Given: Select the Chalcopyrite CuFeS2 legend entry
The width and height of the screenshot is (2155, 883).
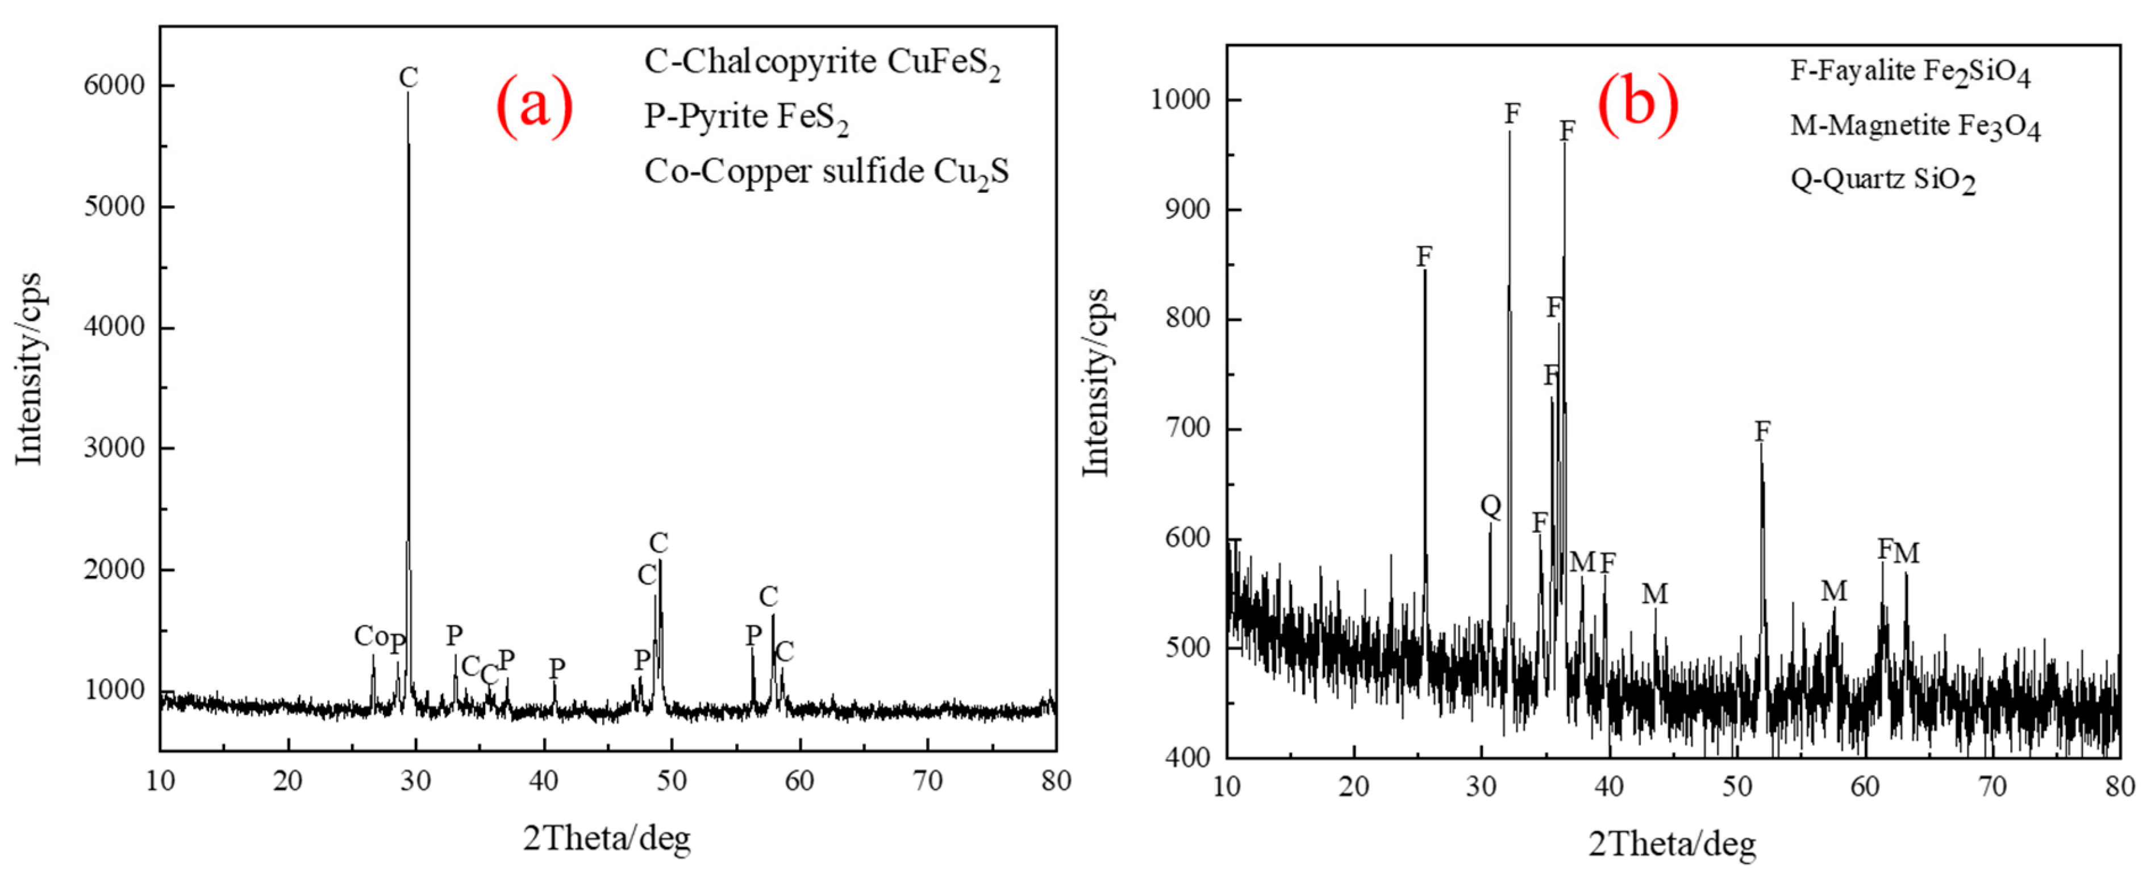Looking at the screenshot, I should pyautogui.click(x=822, y=63).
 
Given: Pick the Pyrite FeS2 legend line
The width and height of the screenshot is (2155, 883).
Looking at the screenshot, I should pyautogui.click(x=746, y=117).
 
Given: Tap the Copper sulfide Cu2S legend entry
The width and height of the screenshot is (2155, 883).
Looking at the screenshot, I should pyautogui.click(x=827, y=172).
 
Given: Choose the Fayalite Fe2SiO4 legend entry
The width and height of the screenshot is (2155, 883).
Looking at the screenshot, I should pyautogui.click(x=1910, y=72).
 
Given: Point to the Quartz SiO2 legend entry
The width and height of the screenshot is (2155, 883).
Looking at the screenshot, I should pyautogui.click(x=1883, y=180).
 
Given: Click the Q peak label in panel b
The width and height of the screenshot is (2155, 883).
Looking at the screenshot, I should pyautogui.click(x=1491, y=505).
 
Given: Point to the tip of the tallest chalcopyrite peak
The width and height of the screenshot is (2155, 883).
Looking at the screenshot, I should pyautogui.click(x=409, y=94).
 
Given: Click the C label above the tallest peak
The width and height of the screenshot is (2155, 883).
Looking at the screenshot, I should pyautogui.click(x=409, y=77).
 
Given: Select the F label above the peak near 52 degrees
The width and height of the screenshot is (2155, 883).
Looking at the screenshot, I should pyautogui.click(x=1762, y=431).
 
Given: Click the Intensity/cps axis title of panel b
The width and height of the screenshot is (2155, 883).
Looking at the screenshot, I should pyautogui.click(x=1096, y=383).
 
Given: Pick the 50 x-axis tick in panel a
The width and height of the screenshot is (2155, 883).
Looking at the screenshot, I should pyautogui.click(x=671, y=781).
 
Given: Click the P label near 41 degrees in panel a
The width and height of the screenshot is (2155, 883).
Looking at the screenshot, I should pyautogui.click(x=556, y=668).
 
